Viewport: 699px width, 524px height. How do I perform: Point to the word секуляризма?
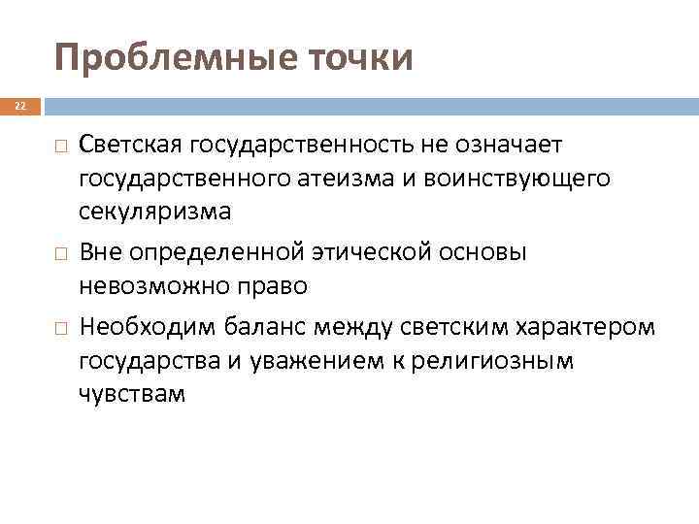tap(155, 211)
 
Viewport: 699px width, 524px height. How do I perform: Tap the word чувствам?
tap(131, 394)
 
